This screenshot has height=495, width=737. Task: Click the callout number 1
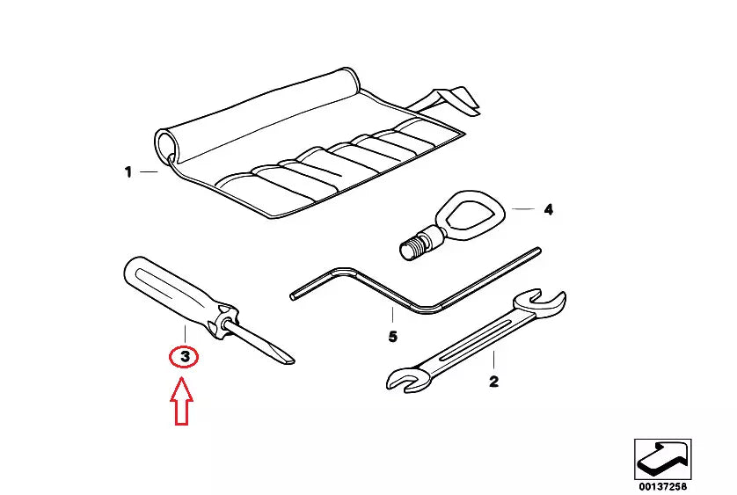(128, 172)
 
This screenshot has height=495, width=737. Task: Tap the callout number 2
(493, 382)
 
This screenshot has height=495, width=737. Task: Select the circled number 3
(185, 357)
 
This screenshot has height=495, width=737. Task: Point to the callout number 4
(549, 209)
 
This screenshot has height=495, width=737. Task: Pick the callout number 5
(393, 337)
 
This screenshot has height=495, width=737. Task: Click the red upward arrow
(181, 403)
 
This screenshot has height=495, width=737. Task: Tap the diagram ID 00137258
(662, 486)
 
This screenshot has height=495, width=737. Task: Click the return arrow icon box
(663, 459)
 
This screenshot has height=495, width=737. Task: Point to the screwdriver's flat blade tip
(288, 360)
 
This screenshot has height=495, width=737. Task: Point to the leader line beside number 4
(523, 208)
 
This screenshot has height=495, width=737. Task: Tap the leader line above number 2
(493, 360)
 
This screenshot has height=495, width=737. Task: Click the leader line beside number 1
(149, 172)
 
